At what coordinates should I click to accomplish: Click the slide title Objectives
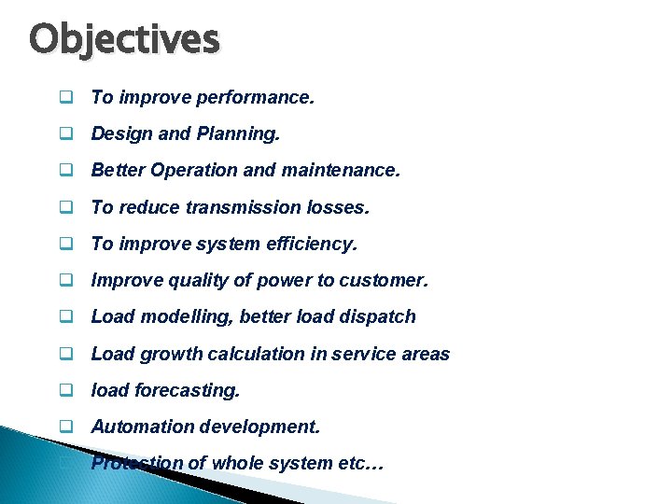tap(124, 39)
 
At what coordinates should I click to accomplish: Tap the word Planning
tap(237, 133)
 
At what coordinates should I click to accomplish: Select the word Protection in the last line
tap(136, 463)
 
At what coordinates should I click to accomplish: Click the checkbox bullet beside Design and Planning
tap(67, 134)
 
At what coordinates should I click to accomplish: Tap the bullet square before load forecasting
tap(67, 391)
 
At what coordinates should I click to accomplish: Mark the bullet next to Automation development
tap(67, 427)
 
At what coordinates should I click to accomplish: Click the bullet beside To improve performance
tap(67, 97)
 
